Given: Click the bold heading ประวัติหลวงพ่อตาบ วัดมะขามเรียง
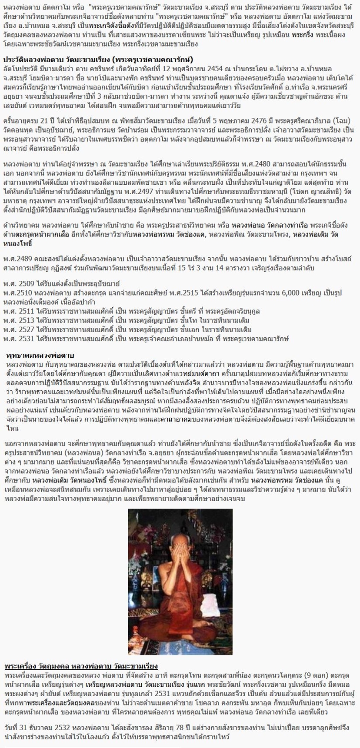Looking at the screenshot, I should coord(98,59).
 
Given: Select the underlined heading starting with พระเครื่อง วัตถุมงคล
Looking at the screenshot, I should coord(81,665).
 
